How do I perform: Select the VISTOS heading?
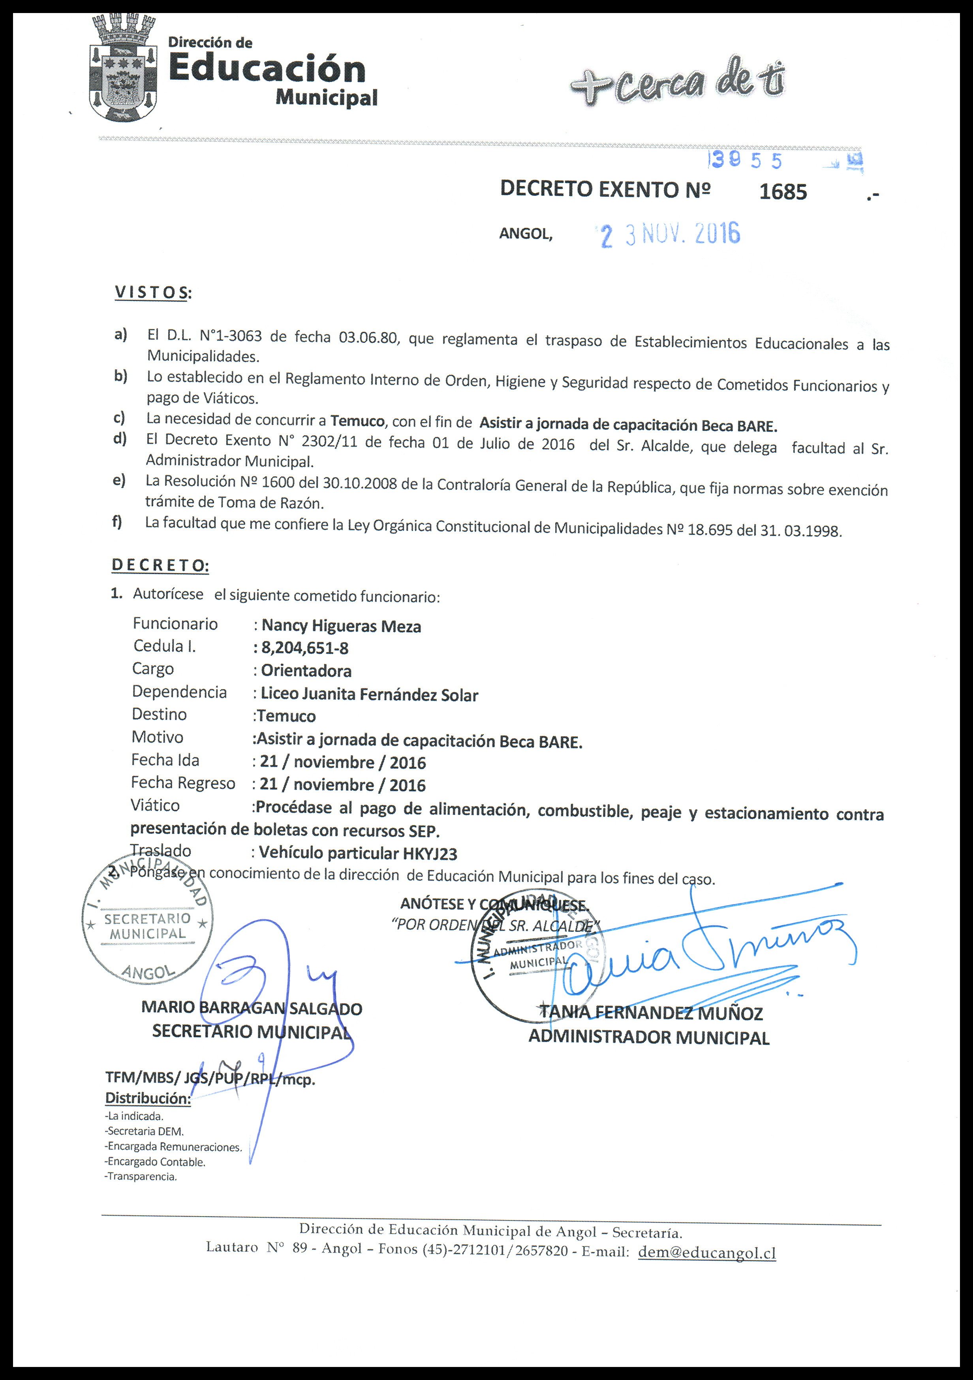[x=152, y=293]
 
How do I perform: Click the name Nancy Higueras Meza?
[x=341, y=626]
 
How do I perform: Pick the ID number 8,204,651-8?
[x=305, y=648]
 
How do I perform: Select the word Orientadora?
[x=306, y=671]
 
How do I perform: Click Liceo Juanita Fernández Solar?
[x=369, y=695]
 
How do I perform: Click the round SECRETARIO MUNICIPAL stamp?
[x=147, y=926]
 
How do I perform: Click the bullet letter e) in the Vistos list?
[x=119, y=481]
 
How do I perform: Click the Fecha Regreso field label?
[x=183, y=783]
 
